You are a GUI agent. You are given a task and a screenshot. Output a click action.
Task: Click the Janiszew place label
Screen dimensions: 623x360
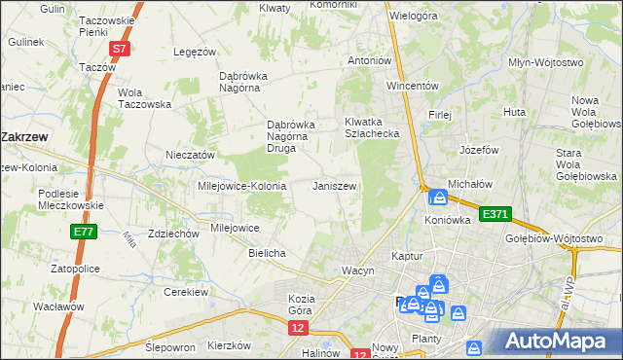(334, 185)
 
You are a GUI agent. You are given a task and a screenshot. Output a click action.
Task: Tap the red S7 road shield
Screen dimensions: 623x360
(119, 48)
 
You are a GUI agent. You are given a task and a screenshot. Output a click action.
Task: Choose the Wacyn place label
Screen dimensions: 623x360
(356, 270)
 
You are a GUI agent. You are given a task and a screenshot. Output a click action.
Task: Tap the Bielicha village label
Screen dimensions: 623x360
(267, 253)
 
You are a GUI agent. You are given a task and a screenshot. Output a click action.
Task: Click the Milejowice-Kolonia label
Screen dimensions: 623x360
(241, 185)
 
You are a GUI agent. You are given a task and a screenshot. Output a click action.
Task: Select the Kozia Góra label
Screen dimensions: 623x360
(305, 303)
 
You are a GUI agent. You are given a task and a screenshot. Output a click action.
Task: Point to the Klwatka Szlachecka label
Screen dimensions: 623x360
(372, 127)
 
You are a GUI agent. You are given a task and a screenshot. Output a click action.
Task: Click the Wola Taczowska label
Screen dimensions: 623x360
(144, 98)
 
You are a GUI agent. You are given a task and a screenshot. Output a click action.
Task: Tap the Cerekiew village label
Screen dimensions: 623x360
(187, 292)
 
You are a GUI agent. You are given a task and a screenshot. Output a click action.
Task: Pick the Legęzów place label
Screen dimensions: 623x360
(193, 52)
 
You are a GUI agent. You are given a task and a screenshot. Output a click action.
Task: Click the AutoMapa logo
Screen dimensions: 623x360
(559, 341)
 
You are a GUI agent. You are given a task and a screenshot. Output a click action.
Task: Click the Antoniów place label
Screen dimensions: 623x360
(370, 60)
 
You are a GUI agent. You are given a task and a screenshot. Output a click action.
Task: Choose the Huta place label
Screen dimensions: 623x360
(515, 113)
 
